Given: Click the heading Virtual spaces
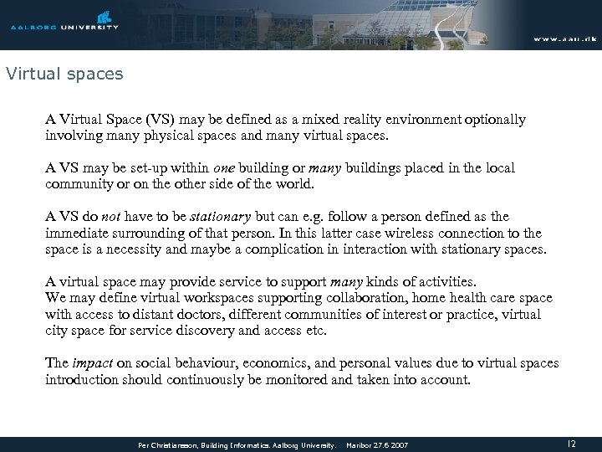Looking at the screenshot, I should coord(64,74).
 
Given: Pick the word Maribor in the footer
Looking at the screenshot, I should coord(362,444).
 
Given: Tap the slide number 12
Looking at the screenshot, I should coord(571,443).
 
